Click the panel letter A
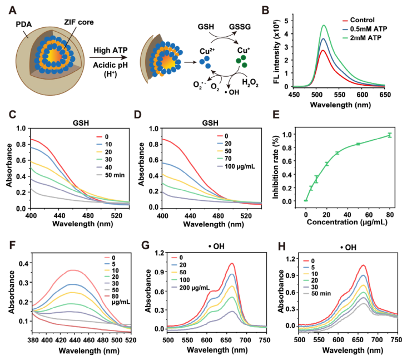pyautogui.click(x=13, y=11)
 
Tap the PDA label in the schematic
pyautogui.click(x=23, y=24)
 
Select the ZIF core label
pyautogui.click(x=79, y=22)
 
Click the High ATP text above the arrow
pyautogui.click(x=110, y=50)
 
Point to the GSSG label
pyautogui.click(x=240, y=27)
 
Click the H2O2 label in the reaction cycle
pyautogui.click(x=250, y=83)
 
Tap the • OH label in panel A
pyautogui.click(x=232, y=92)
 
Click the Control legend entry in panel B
pyautogui.click(x=359, y=20)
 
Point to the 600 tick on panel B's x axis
pyautogui.click(x=362, y=95)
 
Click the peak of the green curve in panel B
pyautogui.click(x=324, y=25)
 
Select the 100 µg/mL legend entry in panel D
pyautogui.click(x=236, y=166)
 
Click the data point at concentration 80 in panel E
pyautogui.click(x=389, y=135)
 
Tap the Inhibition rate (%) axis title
pyautogui.click(x=276, y=167)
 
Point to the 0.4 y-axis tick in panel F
pyautogui.click(x=23, y=263)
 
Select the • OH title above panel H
pyautogui.click(x=348, y=247)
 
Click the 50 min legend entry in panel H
pyautogui.click(x=317, y=293)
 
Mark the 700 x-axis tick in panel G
pyautogui.click(x=245, y=340)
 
